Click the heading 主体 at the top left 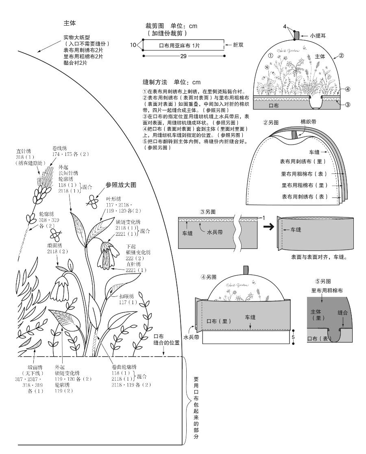point(70,24)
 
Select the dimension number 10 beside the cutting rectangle point(133,45)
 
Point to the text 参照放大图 point(121,184)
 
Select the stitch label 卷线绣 point(59,147)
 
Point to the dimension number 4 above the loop point(285,26)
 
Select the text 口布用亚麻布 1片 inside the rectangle point(179,46)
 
